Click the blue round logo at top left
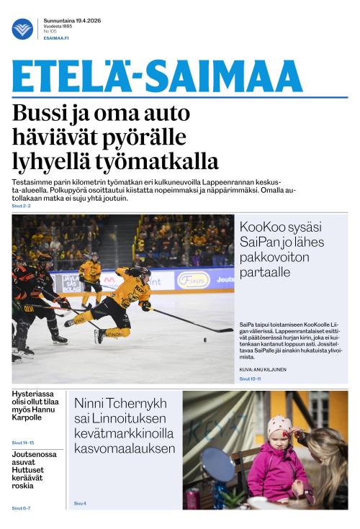(x=22, y=29)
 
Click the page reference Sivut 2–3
(x=21, y=206)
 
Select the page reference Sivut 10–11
(x=251, y=379)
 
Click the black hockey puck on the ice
(x=204, y=339)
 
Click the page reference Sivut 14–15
(x=22, y=442)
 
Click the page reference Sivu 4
(x=80, y=503)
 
